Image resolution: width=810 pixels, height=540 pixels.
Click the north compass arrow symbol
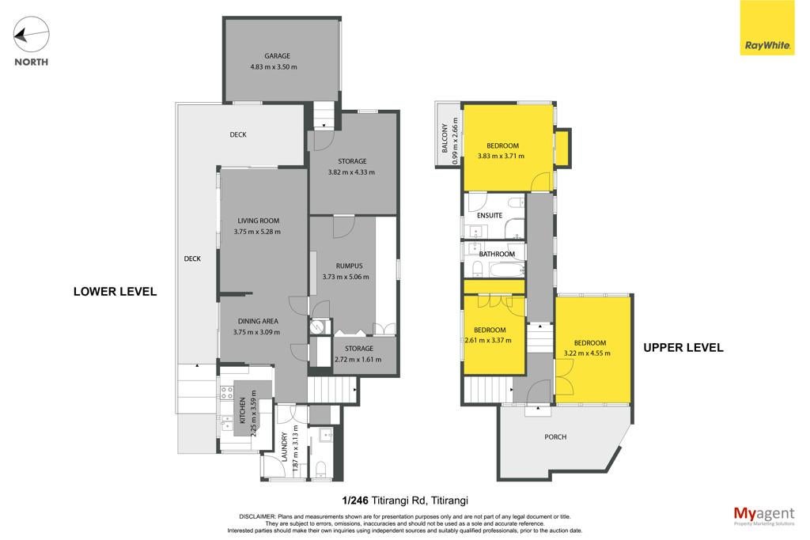[31, 34]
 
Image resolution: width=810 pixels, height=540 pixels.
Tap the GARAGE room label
[278, 56]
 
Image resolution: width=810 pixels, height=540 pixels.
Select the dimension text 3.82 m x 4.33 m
[351, 172]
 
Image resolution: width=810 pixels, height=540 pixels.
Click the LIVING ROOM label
[259, 221]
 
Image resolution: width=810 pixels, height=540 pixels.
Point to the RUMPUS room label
[349, 266]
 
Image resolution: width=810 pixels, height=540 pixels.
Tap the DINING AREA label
[258, 321]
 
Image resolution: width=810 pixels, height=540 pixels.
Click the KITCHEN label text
[242, 410]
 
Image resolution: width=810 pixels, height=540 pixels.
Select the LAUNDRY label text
[284, 447]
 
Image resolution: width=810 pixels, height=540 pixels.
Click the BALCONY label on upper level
[445, 138]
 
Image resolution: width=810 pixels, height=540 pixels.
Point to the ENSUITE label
[489, 215]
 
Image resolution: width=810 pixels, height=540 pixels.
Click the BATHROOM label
[497, 254]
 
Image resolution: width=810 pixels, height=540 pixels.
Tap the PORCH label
[555, 436]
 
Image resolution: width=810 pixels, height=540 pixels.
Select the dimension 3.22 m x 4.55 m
[587, 353]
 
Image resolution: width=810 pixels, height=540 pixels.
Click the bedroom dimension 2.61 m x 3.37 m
[488, 340]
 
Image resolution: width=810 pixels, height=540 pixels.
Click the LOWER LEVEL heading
[115, 292]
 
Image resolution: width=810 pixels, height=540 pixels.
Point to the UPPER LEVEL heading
[683, 348]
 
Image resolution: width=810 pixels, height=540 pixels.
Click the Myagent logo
[764, 515]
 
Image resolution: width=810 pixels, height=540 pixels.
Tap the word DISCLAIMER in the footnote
[257, 516]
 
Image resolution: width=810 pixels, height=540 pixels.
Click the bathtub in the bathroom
[507, 270]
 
